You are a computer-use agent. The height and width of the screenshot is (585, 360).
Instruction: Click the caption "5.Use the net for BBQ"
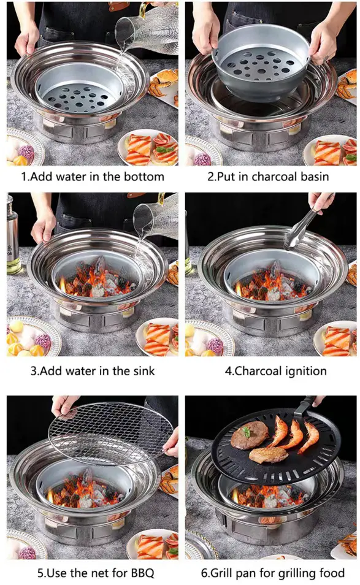pyautogui.click(x=92, y=573)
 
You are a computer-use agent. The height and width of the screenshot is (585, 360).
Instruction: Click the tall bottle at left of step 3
pyautogui.click(x=13, y=233)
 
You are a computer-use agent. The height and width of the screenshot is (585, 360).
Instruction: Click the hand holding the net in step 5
pyautogui.click(x=66, y=405)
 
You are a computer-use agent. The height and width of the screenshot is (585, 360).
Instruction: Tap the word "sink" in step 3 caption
pyautogui.click(x=142, y=370)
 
